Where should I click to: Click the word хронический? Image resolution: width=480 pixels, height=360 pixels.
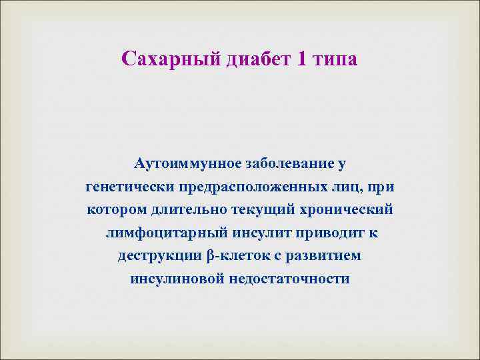tap(347, 209)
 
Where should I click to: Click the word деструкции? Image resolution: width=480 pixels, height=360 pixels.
tap(160, 256)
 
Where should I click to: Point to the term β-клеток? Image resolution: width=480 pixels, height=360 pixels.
tap(235, 256)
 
